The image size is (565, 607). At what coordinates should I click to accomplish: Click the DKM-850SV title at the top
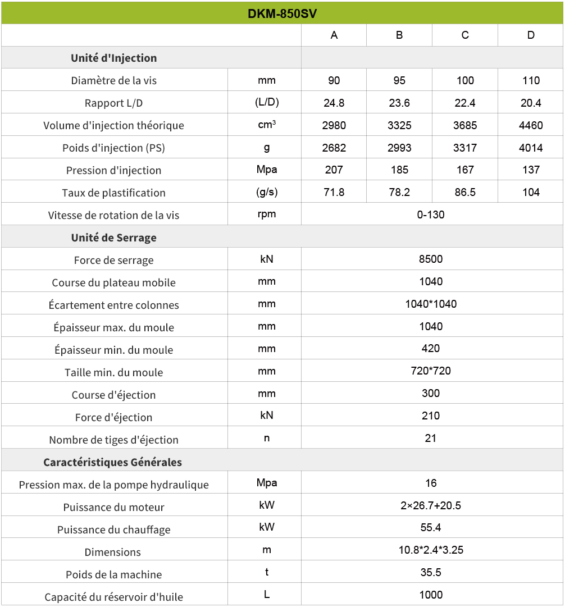point(282,13)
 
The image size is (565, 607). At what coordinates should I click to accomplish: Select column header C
point(465,35)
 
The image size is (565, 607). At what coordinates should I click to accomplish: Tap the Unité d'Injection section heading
point(114,58)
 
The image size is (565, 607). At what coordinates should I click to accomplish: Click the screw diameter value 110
point(531,80)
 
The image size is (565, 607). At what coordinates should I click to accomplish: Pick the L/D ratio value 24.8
point(334,103)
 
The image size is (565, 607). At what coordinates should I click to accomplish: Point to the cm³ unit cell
point(267,125)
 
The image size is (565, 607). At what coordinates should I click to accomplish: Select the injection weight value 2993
point(399,148)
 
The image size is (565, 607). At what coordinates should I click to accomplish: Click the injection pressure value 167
point(465,170)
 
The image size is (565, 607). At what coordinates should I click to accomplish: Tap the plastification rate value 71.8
point(334,192)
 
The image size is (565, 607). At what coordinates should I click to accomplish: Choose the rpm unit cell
point(267,214)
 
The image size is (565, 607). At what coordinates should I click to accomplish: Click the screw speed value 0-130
point(431,214)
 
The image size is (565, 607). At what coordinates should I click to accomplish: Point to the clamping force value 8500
point(431,259)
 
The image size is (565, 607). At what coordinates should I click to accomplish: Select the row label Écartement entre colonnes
point(114,305)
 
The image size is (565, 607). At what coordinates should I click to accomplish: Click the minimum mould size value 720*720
point(431,371)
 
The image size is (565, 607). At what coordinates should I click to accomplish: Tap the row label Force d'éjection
point(114,417)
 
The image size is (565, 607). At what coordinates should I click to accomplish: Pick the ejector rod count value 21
point(431,438)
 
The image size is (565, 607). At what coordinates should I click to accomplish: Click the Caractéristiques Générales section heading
point(113,462)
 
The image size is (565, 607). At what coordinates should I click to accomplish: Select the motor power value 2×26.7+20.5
point(431,505)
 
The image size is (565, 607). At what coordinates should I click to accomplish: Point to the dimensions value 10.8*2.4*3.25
point(431,550)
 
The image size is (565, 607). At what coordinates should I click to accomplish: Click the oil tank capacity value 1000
point(431,595)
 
